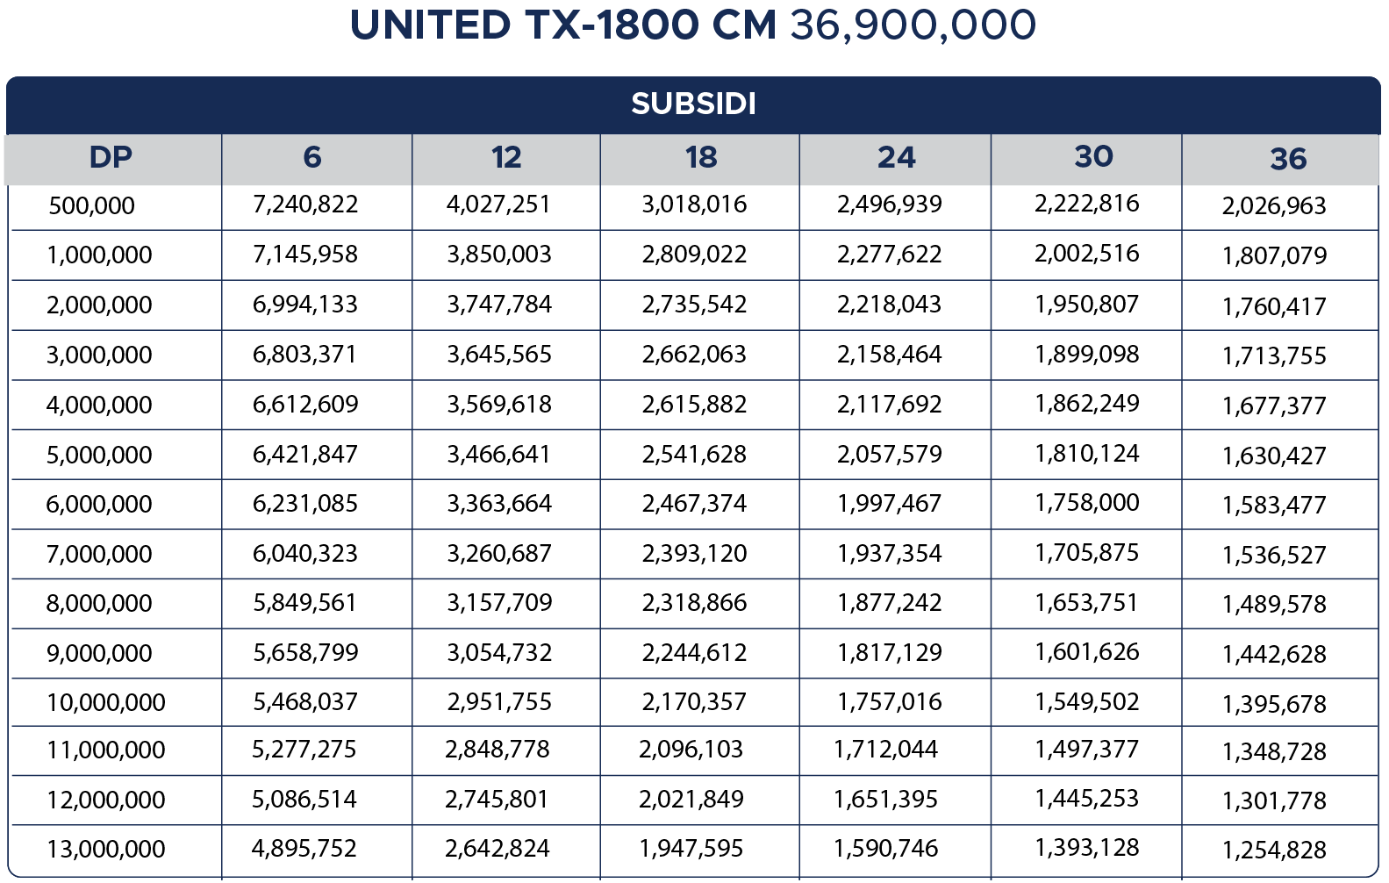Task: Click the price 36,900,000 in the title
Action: tap(913, 25)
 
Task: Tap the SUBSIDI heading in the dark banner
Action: tap(693, 104)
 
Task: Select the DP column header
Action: tap(111, 158)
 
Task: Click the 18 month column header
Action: tap(701, 158)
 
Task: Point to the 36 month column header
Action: tap(1287, 159)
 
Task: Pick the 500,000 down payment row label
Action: tap(91, 206)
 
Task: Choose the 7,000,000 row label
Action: tap(99, 555)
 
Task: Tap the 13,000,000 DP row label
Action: tap(105, 850)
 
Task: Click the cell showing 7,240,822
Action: tap(305, 205)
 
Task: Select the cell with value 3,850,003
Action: tap(499, 255)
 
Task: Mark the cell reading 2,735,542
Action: tap(694, 305)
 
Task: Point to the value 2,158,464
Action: tap(889, 355)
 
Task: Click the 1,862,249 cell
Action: tap(1086, 404)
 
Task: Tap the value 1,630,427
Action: tap(1274, 456)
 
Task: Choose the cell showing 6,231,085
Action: tap(305, 504)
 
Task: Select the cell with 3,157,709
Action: tap(499, 603)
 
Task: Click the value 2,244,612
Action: tap(694, 653)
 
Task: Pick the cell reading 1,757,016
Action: tap(889, 702)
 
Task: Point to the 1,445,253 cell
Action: tap(1086, 799)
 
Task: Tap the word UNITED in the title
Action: tap(430, 25)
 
